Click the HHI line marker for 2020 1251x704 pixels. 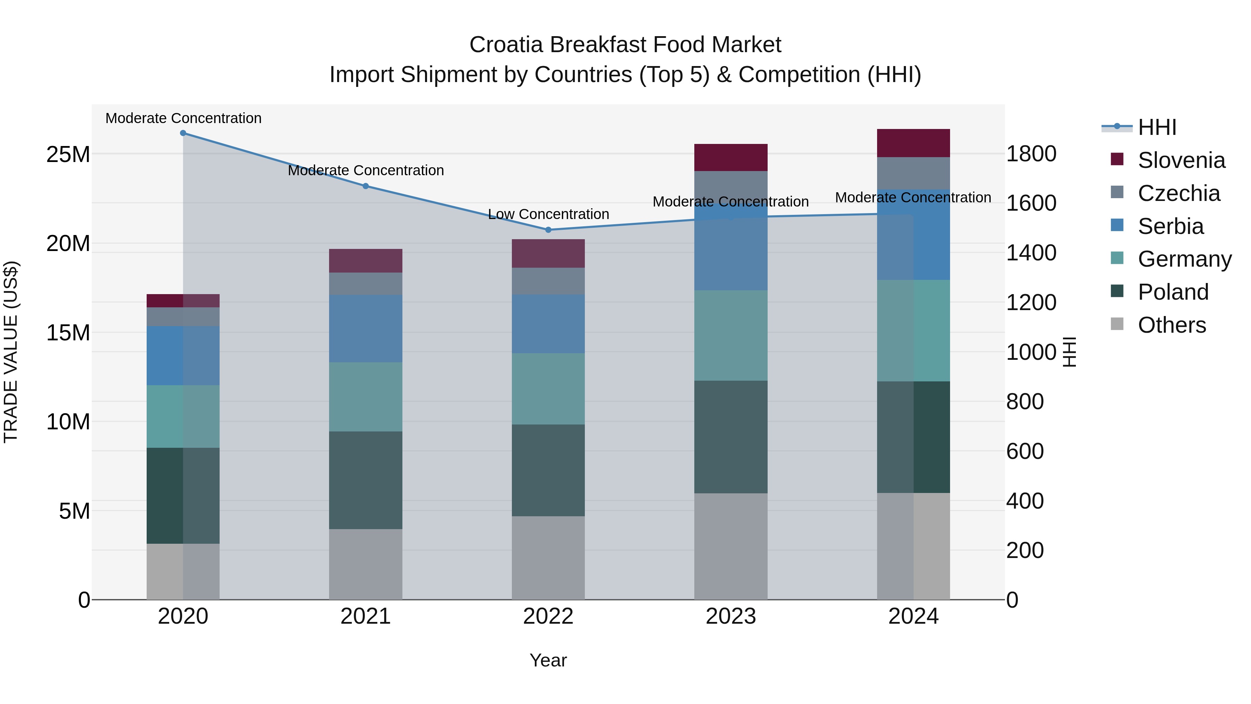[183, 133]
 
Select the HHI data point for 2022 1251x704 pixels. [548, 230]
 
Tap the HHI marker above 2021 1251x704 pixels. [366, 186]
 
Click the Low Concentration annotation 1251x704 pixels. [548, 214]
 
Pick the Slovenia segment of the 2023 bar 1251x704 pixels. [730, 157]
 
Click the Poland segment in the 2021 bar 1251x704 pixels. [366, 480]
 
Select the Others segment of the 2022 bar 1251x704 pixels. [548, 558]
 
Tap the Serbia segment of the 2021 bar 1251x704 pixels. [366, 329]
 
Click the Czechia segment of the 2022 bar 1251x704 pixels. [548, 281]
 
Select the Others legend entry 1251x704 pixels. [1171, 325]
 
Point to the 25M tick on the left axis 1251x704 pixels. [68, 154]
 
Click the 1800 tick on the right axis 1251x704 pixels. [1031, 154]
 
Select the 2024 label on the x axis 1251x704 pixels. [913, 616]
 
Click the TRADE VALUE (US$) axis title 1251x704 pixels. [11, 352]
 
